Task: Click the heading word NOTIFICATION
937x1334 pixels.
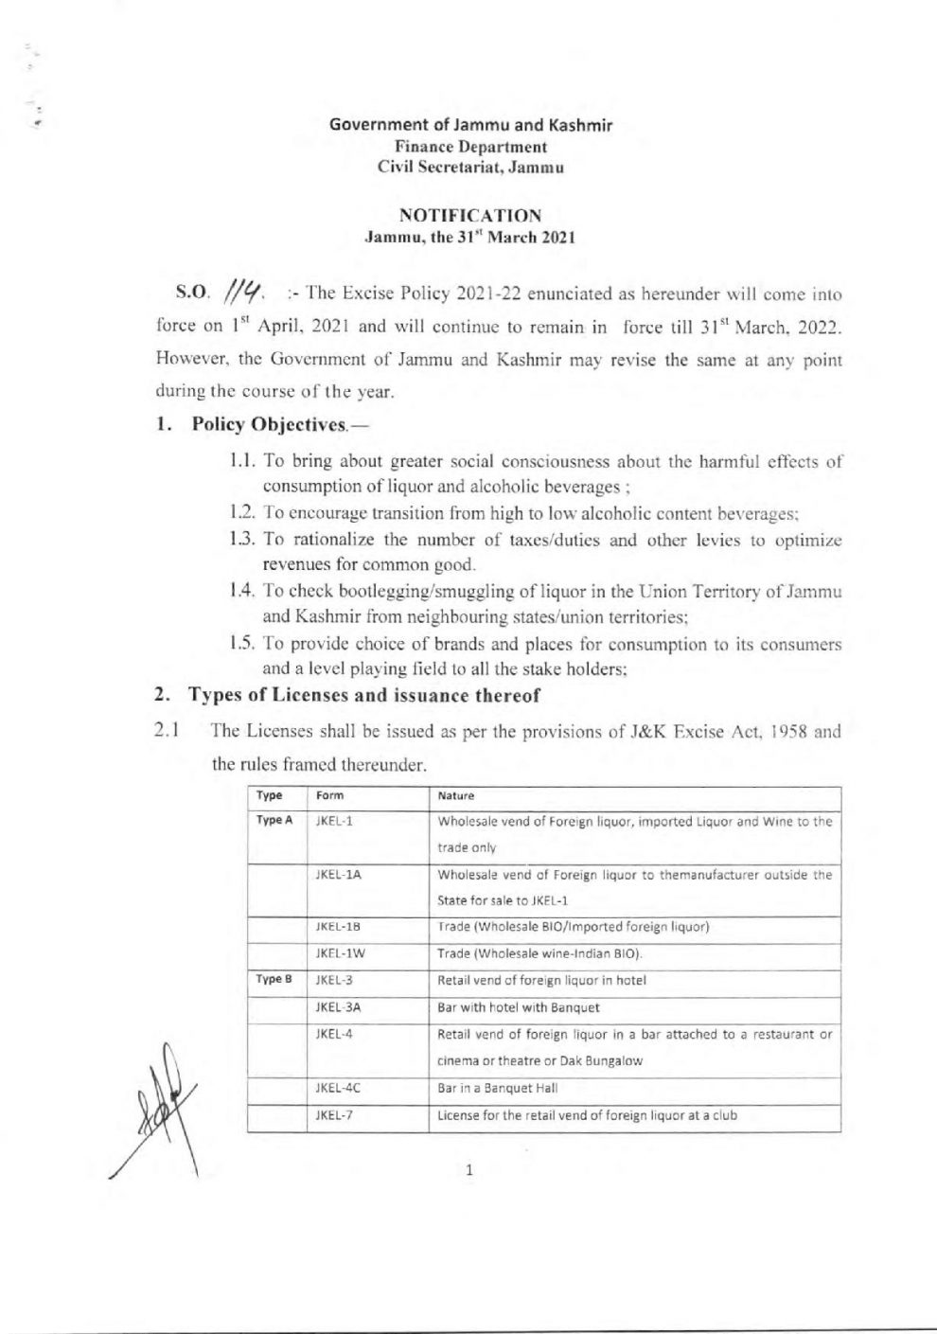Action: pyautogui.click(x=469, y=215)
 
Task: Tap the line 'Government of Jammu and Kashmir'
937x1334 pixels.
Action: pyautogui.click(x=469, y=126)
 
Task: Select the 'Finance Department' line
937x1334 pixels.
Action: pyautogui.click(x=469, y=147)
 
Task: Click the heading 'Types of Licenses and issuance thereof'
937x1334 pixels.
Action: pyautogui.click(x=364, y=696)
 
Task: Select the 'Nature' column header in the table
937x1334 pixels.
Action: pyautogui.click(x=455, y=796)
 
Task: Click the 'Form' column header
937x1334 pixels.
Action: pyautogui.click(x=330, y=796)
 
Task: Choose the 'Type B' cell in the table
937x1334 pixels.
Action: pyautogui.click(x=271, y=980)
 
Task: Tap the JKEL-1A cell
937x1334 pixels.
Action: pyautogui.click(x=338, y=876)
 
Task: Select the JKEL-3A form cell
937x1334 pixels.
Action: pyautogui.click(x=338, y=1007)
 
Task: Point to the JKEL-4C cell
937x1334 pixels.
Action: pyautogui.click(x=338, y=1088)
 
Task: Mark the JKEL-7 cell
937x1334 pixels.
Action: pyautogui.click(x=334, y=1115)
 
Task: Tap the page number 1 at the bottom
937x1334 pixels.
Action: pyautogui.click(x=469, y=1171)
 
